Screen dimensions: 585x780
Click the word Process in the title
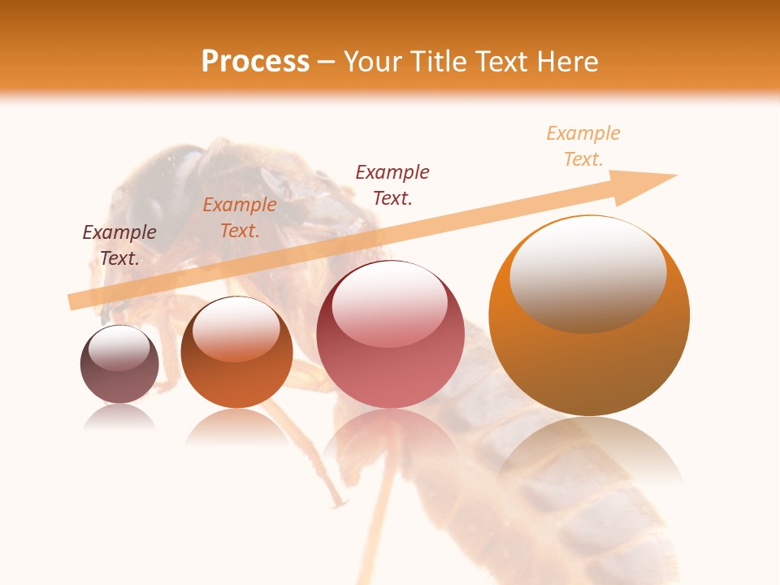coord(255,62)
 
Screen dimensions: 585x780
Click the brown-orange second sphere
coord(236,353)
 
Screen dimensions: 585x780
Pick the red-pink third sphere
coord(390,335)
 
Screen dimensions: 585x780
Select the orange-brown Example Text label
coord(240,218)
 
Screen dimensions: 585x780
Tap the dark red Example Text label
coord(392,184)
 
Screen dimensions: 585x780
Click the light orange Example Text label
coord(583,145)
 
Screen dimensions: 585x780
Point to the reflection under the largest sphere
coord(589,447)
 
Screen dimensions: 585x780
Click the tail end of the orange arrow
coord(75,301)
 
